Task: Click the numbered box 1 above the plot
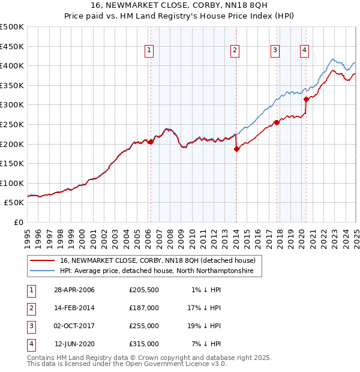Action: [148, 50]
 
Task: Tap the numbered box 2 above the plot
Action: [235, 50]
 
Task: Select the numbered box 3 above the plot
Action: [275, 50]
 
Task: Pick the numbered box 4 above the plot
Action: [305, 50]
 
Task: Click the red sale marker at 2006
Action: [151, 142]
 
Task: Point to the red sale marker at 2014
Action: [236, 149]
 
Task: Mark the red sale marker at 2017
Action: [277, 122]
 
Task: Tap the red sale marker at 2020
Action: [306, 99]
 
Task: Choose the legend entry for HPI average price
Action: [157, 271]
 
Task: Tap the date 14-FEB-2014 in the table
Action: [74, 307]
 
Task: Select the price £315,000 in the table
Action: [144, 344]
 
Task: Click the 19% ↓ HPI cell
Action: [203, 326]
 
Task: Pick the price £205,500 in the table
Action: [144, 289]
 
